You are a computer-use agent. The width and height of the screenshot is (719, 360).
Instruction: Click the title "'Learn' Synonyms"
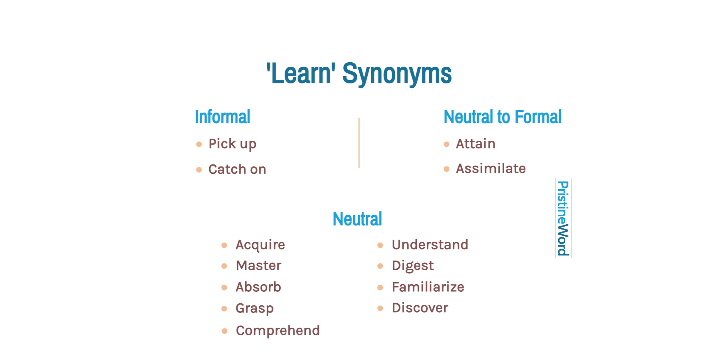click(359, 74)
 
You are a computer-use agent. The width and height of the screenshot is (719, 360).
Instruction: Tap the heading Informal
click(222, 117)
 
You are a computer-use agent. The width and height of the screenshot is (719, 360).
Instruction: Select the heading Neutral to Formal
click(502, 117)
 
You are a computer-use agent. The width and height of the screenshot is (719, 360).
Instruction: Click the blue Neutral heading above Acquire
click(357, 219)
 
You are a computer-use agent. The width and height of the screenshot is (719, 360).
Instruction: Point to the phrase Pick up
click(232, 144)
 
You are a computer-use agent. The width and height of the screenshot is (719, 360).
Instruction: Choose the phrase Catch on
click(237, 169)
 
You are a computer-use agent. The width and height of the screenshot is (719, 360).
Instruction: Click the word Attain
click(475, 144)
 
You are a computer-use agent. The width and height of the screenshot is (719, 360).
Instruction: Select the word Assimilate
click(491, 168)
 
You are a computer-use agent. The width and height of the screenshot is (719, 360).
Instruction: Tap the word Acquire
click(260, 245)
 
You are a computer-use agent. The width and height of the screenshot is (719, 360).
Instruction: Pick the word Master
click(258, 265)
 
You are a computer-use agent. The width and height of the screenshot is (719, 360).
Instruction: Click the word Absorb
click(258, 287)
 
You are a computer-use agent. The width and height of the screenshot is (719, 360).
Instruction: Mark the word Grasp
click(254, 308)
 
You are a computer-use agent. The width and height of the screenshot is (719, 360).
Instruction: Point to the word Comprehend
click(277, 330)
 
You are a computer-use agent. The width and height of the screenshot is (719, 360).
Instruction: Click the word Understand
click(430, 245)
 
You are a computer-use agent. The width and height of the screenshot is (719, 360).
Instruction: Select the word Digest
click(412, 266)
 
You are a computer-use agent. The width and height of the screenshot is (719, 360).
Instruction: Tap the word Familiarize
click(428, 287)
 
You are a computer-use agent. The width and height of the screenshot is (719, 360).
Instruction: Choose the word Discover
click(420, 308)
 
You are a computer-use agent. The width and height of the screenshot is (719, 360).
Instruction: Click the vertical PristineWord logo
click(563, 218)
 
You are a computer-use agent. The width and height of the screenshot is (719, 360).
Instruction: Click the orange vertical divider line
click(359, 143)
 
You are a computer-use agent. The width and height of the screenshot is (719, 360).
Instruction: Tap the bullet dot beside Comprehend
click(224, 331)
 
